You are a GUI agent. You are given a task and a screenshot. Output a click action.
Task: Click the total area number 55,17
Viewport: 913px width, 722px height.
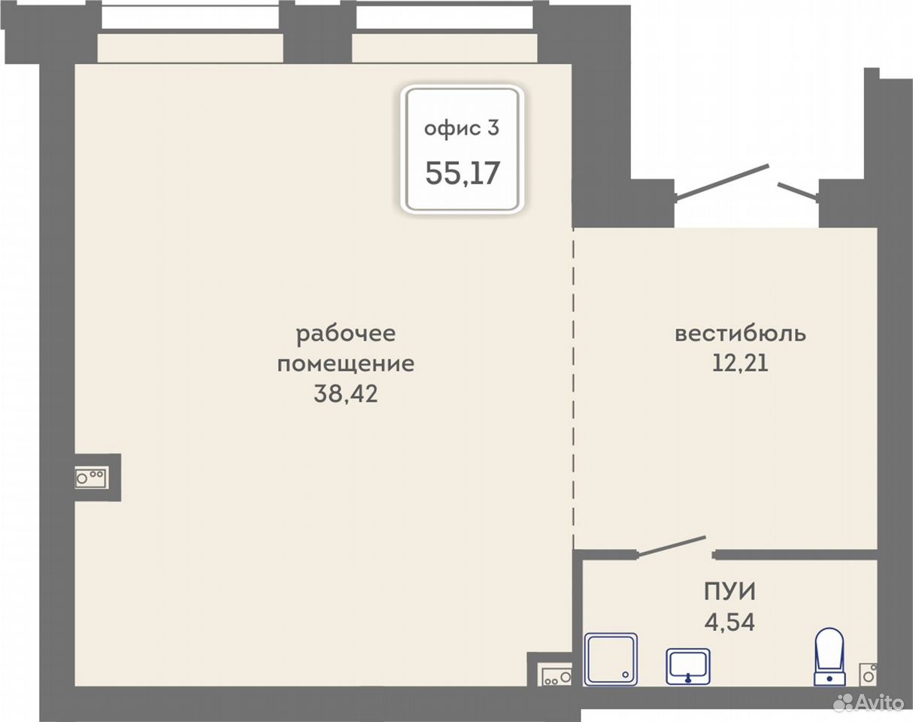[463, 173]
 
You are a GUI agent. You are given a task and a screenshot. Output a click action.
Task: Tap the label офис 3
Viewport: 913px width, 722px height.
[462, 128]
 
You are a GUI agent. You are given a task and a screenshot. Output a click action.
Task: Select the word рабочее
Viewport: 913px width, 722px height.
[346, 334]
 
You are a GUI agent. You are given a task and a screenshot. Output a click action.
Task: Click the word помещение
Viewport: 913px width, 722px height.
[346, 363]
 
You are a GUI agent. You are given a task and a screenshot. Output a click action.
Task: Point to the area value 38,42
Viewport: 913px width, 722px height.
[346, 394]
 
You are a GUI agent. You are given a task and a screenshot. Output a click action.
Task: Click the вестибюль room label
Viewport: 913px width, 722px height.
[740, 333]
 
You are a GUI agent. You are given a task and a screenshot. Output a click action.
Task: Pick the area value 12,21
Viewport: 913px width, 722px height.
[740, 363]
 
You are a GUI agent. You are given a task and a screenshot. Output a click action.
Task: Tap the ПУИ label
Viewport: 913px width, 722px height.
[729, 592]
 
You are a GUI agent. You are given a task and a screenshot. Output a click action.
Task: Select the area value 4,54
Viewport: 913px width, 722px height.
[729, 623]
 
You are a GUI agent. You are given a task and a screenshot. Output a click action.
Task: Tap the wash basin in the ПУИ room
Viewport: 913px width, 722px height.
[688, 666]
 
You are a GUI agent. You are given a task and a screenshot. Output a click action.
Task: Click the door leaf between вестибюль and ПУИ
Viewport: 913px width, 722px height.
[672, 545]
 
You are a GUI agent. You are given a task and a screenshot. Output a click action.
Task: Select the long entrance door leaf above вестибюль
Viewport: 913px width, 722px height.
[722, 180]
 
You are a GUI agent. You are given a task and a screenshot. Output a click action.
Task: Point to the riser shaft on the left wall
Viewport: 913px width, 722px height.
[91, 478]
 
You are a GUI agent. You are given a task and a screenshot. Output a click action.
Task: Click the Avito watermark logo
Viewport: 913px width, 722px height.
[869, 704]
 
